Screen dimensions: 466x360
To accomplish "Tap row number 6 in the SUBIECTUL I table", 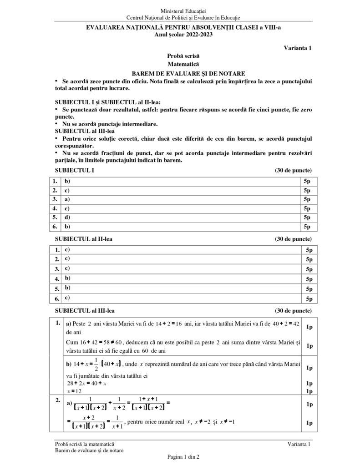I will (55, 226).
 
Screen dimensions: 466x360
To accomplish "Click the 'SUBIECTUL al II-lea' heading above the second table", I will (84, 239).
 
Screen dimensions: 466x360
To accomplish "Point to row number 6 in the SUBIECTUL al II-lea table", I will (57, 299).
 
